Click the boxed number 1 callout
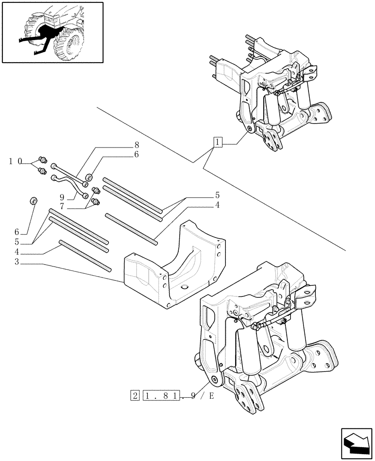[218, 142]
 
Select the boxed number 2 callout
[135, 396]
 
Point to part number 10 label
[15, 161]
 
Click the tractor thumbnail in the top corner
[52, 32]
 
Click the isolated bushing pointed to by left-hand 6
[34, 201]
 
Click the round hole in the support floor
[185, 288]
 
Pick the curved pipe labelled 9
[69, 184]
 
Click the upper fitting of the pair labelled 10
[43, 160]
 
